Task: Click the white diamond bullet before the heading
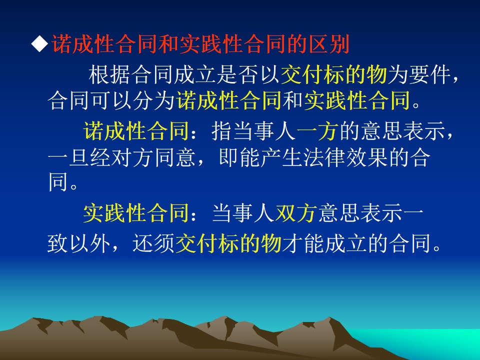click(40, 44)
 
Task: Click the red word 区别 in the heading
click(329, 44)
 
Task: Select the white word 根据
click(109, 74)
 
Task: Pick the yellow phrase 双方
click(296, 213)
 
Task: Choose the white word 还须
click(153, 243)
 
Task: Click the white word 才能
click(303, 243)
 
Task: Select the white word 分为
click(153, 100)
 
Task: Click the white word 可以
click(111, 100)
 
